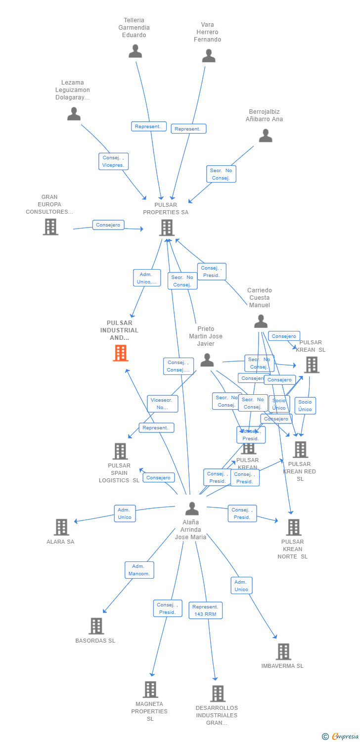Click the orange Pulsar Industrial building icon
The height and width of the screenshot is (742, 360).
click(121, 353)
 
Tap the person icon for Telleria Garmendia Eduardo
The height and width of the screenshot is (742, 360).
click(135, 51)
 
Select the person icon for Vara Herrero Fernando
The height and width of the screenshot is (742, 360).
click(209, 55)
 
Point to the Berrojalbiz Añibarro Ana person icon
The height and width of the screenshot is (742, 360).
click(266, 136)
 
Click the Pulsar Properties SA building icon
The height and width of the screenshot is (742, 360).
click(167, 228)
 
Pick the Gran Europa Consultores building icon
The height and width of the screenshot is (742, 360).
click(50, 227)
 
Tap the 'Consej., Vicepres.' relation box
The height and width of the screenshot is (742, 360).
click(113, 161)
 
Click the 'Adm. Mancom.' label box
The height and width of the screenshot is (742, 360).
click(139, 570)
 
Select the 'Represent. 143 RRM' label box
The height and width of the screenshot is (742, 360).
click(205, 610)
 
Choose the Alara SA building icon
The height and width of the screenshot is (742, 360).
click(61, 527)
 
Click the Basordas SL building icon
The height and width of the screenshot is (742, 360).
click(96, 626)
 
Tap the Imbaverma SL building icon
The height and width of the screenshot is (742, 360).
click(283, 651)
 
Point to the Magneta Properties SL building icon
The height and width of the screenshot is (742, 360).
click(150, 689)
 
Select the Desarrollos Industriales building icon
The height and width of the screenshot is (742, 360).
click(218, 694)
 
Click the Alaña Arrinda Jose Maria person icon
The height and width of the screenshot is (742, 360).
click(192, 509)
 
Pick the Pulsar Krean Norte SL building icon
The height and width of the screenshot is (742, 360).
click(293, 527)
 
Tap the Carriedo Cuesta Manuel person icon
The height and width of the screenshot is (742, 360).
click(261, 321)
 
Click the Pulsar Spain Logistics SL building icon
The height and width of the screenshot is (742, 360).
click(120, 451)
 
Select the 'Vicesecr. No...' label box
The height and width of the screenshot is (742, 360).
click(162, 404)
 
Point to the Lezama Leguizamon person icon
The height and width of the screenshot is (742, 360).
click(74, 114)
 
